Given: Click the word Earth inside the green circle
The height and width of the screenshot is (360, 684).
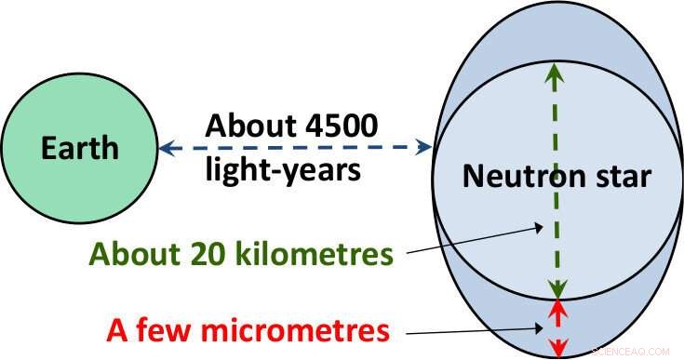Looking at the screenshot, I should click(80, 147).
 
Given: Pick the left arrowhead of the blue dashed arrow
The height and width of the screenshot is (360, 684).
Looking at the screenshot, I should click(165, 148).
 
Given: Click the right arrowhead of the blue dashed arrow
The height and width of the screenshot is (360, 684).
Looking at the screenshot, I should click(425, 148).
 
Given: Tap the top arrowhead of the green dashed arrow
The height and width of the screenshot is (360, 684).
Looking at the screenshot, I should click(557, 71).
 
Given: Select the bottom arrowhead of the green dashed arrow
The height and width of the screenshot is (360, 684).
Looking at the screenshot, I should click(557, 289).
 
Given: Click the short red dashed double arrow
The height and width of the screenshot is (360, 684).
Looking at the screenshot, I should click(557, 326).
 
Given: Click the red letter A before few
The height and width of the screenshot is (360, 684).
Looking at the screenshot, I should click(117, 331).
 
